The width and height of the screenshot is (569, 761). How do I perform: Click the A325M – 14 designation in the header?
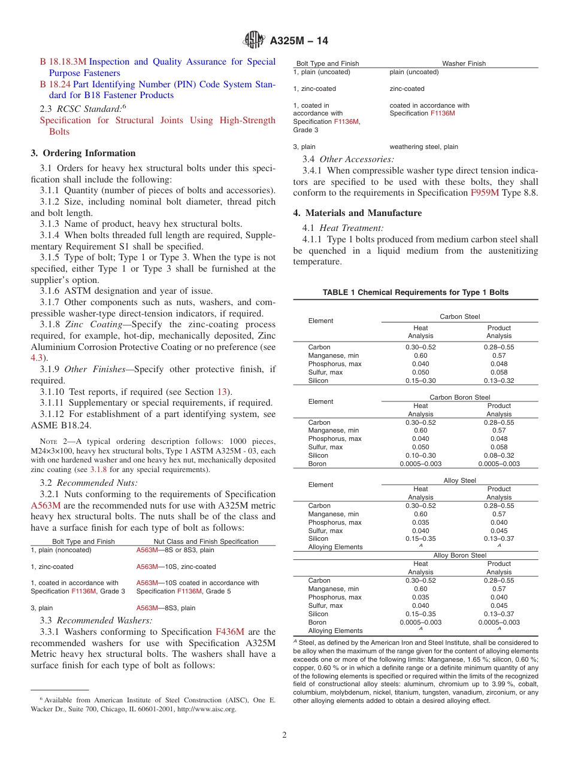(299, 41)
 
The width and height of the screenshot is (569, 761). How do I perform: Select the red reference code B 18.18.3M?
(63, 62)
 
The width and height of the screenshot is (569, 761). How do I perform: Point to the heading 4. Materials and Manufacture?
(357, 213)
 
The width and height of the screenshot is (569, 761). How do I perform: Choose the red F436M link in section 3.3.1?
(229, 632)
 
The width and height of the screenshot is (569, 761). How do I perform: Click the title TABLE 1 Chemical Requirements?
(415, 293)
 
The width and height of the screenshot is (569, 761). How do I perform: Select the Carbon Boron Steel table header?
(459, 397)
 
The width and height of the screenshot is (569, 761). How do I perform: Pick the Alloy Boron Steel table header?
(459, 555)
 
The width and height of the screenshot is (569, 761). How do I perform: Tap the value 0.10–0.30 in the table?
(420, 455)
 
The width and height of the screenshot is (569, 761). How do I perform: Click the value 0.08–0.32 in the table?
(499, 455)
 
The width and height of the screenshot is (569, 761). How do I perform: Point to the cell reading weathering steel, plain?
(423, 147)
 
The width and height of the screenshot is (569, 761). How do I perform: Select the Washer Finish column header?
(464, 63)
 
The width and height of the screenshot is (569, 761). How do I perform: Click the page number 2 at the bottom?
(284, 735)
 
